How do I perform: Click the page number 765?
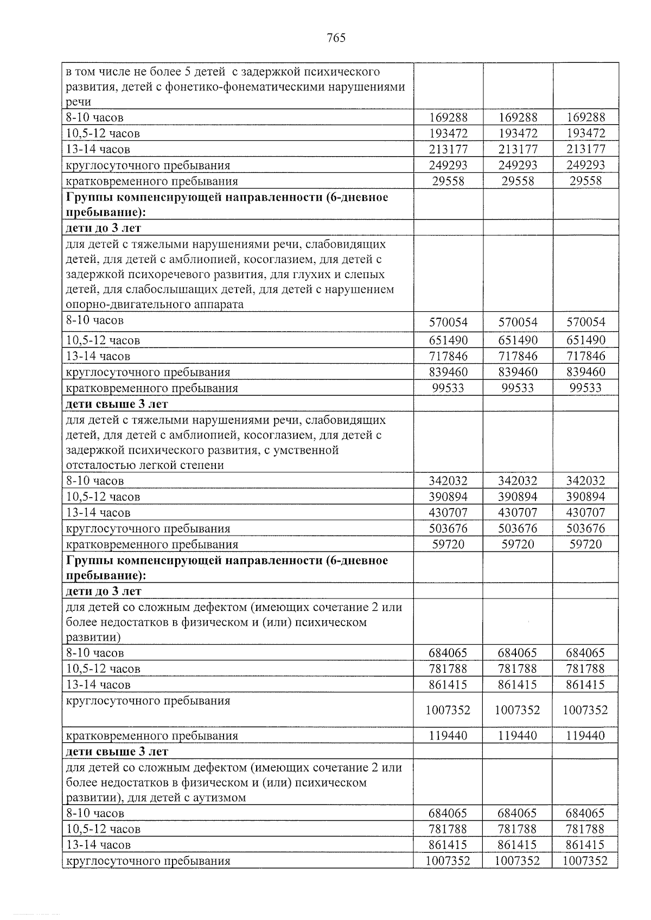point(336,38)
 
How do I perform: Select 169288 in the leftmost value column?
point(448,117)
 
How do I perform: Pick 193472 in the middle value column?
point(518,133)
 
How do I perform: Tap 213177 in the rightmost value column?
point(585,149)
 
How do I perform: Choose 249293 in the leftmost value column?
point(448,165)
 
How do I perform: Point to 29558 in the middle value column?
point(518,181)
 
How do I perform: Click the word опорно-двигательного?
point(120,304)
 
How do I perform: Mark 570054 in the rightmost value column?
point(585,323)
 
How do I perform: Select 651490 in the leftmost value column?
point(448,340)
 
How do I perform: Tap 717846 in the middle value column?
point(518,356)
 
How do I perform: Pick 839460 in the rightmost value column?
point(585,372)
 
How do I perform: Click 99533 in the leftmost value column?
point(448,388)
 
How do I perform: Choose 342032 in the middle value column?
point(518,481)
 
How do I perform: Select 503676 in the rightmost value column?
point(585,529)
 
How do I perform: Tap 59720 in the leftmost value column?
point(448,544)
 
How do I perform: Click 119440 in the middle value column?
point(518,736)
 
